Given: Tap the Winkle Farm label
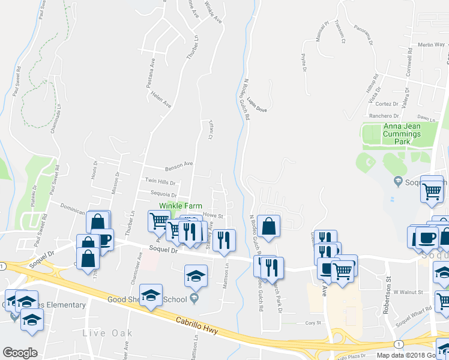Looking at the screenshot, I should coord(178,206).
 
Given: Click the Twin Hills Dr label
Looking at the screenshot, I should coord(160,182).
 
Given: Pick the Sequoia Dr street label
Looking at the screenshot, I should coord(164,195).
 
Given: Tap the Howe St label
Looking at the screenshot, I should coord(213,215).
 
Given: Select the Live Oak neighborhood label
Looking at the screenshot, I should coord(106,333).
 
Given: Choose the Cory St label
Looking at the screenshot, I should coord(311,323).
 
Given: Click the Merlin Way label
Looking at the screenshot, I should coord(431,45).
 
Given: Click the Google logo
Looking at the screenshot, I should coord(20,353).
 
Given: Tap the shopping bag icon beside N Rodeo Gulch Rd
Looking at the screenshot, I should coord(269,226).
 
